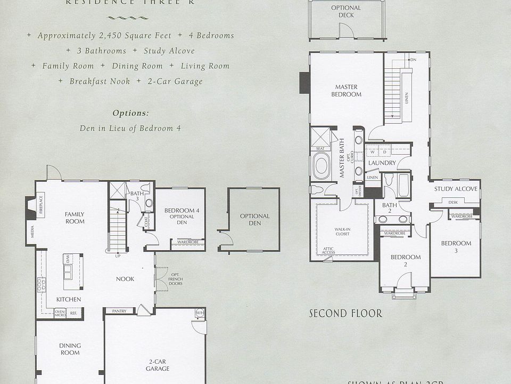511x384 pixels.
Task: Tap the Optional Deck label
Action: [x=346, y=12]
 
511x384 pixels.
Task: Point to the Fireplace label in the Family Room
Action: [x=41, y=205]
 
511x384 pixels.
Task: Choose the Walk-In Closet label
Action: [x=342, y=231]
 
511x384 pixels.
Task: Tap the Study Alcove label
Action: [x=455, y=189]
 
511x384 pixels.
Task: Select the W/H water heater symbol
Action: [x=200, y=313]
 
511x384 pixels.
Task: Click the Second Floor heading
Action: [x=345, y=314]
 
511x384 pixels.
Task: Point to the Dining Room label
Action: [x=70, y=349]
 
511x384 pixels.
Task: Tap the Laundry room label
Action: [x=382, y=163]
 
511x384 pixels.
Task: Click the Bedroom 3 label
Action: [x=456, y=247]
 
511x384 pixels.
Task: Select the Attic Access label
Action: [x=328, y=251]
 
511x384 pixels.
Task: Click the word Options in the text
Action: [x=130, y=113]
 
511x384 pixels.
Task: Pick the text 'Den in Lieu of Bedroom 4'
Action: [x=126, y=128]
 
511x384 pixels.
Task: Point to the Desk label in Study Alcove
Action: [x=453, y=203]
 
